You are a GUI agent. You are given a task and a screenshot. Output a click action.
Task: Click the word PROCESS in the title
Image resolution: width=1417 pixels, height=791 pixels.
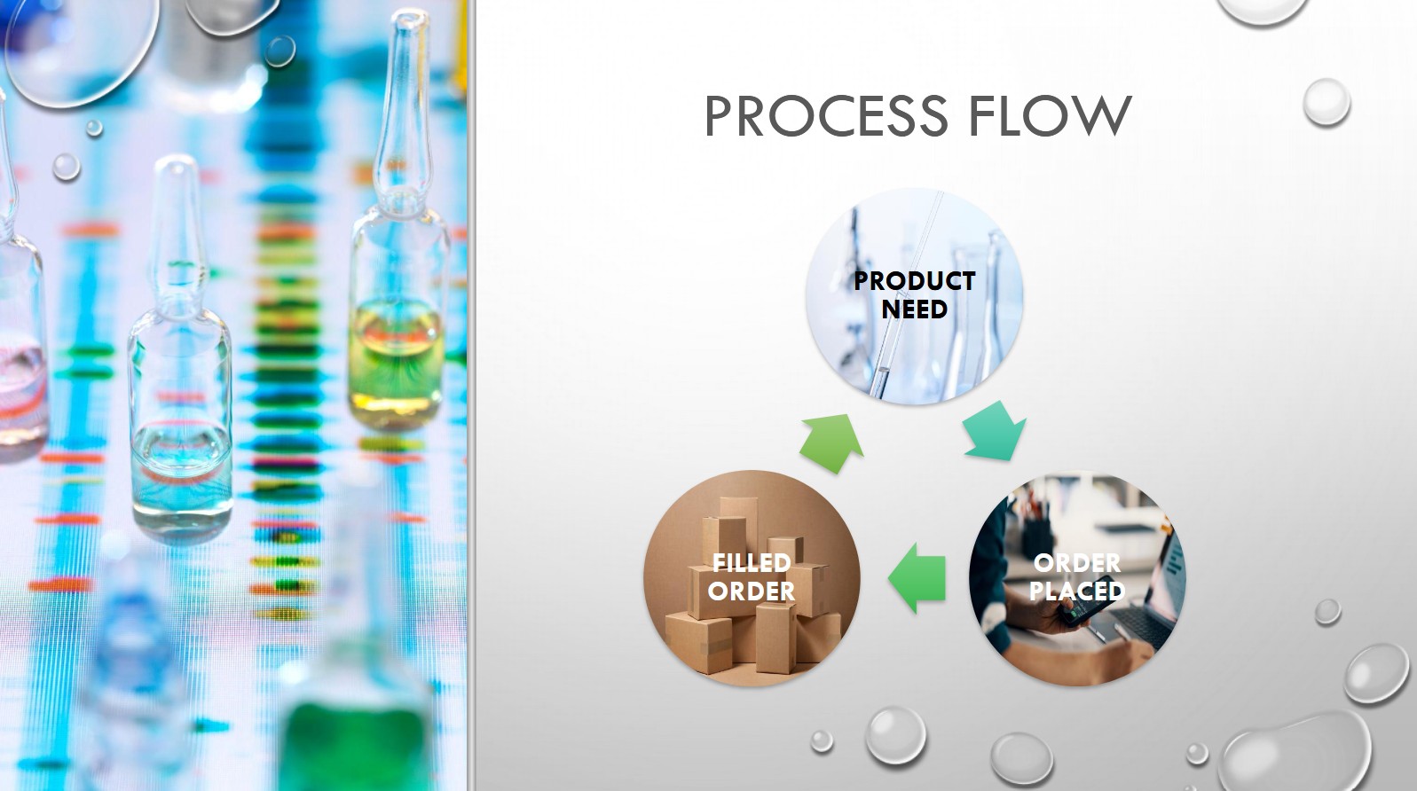[826, 115]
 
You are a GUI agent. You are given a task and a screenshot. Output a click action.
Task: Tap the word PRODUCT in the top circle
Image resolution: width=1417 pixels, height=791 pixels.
[914, 281]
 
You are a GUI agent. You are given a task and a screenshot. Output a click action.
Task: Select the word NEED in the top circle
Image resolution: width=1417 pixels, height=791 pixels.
[914, 309]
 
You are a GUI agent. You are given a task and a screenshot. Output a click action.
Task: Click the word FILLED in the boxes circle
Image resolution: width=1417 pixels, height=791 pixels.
[752, 563]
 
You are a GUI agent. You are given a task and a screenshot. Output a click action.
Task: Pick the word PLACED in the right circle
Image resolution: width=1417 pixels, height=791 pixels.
[1076, 591]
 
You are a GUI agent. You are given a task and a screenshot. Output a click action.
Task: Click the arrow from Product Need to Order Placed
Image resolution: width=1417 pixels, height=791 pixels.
[995, 431]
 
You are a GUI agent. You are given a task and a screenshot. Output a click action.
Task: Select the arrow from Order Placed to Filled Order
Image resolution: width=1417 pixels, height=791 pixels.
[917, 578]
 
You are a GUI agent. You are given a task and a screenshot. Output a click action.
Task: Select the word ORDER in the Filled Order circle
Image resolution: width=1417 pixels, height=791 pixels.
[752, 591]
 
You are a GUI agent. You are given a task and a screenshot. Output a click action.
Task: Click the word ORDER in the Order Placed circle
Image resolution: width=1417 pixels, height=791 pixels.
[1076, 563]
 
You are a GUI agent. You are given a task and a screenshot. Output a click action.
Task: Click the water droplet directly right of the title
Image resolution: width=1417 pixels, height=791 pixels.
[1326, 103]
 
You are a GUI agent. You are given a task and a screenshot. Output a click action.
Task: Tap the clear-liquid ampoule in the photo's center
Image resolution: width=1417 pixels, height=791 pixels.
[180, 354]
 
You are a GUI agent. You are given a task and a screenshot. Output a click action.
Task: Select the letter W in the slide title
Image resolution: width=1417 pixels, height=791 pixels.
[1102, 115]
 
